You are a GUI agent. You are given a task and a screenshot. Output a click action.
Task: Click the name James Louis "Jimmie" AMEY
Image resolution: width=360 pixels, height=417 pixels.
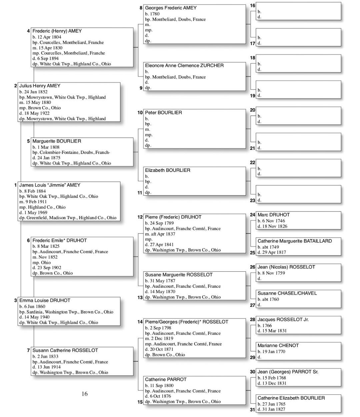coord(50,185)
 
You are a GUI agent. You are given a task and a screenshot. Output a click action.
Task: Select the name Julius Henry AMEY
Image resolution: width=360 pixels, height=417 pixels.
coord(40,86)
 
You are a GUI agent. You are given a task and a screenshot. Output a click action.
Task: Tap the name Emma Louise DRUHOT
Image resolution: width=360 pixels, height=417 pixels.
coord(45,300)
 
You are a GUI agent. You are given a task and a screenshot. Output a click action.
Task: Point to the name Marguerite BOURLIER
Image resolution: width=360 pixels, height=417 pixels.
coord(57,141)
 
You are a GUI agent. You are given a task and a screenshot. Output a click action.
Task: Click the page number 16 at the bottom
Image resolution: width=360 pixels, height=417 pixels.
coord(85,394)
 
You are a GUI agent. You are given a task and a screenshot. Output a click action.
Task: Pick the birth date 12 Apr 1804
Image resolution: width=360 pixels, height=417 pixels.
coord(49,37)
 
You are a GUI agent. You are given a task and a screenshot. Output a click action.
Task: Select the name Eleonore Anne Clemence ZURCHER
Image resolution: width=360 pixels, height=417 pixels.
coord(184,66)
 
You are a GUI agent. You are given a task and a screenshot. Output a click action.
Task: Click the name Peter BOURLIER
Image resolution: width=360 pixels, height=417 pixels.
coord(163,113)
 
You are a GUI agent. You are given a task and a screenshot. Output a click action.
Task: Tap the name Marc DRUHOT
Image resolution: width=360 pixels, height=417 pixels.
coord(273,215)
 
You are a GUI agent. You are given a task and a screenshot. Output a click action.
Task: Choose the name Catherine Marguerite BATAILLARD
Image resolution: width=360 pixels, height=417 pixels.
coord(294,241)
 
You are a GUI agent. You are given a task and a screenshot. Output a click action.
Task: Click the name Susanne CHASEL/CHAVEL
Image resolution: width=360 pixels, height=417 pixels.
coord(287,293)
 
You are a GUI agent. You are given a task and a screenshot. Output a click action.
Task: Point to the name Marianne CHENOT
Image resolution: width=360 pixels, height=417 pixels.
coord(278,346)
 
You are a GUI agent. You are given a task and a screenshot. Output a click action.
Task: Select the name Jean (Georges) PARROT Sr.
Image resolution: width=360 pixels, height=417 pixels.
coord(288,372)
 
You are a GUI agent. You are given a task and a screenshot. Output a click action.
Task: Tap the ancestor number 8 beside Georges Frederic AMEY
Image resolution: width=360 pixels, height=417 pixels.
coord(141,8)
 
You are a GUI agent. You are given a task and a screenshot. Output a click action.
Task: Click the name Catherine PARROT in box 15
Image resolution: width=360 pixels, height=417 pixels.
coord(166,380)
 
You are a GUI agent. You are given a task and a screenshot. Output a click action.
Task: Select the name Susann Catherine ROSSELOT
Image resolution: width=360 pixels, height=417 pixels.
coord(65,350)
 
